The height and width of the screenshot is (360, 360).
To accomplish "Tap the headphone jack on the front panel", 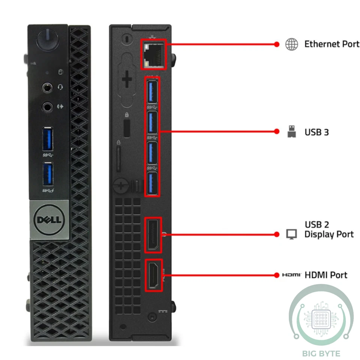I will pos(47,87).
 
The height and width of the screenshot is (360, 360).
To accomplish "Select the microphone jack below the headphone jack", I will pos(47,106).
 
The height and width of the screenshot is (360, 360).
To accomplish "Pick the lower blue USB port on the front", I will pos(48,174).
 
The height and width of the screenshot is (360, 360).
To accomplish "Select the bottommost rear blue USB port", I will pos(152,184).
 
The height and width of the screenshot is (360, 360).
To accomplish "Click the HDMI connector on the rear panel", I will pos(153,275).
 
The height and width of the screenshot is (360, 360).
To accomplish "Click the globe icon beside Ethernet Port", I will pos(291,44).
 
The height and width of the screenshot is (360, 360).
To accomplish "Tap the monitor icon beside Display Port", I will pos(291,234).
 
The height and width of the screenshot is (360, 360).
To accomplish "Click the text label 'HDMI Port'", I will pos(325,275).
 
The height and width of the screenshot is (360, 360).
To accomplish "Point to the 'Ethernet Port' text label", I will pos(331,44).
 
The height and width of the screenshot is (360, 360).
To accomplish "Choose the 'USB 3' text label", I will pos(316,132).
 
